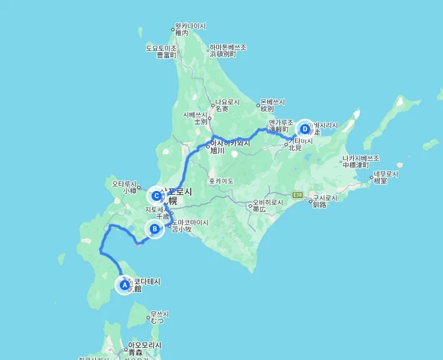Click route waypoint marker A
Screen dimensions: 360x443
point(124,285)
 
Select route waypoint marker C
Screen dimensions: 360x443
point(157,196)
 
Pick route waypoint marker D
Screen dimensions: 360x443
point(305,129)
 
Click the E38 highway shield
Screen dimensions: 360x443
point(299,195)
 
